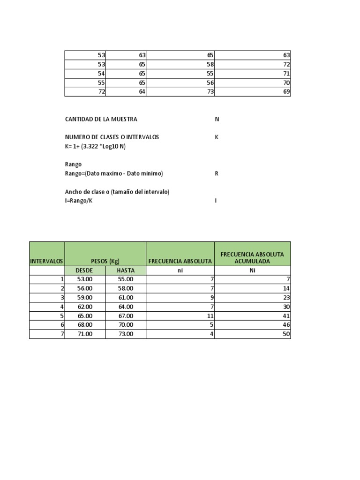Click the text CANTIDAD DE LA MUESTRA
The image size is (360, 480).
[x=101, y=119]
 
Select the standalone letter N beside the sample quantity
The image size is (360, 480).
[x=217, y=119]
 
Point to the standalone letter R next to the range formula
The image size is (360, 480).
[x=217, y=173]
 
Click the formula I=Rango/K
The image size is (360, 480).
[x=75, y=201]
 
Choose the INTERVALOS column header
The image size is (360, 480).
[x=47, y=261]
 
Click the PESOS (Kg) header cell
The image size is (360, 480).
[x=105, y=261]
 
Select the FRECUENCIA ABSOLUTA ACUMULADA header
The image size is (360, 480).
[x=252, y=257]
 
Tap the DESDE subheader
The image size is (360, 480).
[x=85, y=270]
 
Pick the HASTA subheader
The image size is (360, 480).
[x=126, y=270]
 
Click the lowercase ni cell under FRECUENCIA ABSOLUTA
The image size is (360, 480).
[x=180, y=270]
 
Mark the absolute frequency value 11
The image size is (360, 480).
[x=210, y=315]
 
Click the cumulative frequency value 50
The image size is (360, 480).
[x=286, y=334]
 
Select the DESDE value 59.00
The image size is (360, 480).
[x=85, y=297]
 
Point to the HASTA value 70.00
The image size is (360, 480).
[x=126, y=324]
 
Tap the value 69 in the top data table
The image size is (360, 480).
[x=286, y=92]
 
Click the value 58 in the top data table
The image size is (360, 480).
[x=210, y=65]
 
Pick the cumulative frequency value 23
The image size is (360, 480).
[x=286, y=297]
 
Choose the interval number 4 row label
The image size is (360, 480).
[x=62, y=307]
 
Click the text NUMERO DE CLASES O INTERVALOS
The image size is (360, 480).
[x=112, y=137]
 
